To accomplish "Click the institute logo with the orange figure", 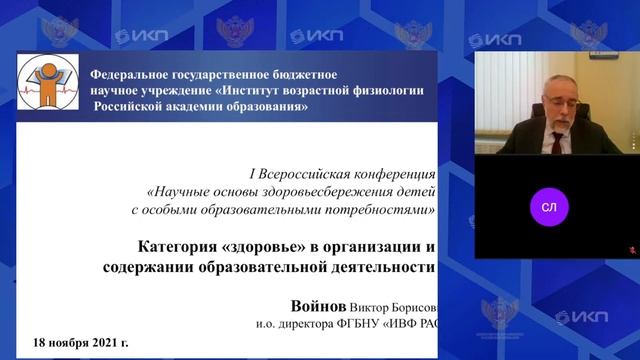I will (x=46, y=85).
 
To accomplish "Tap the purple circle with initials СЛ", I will (x=549, y=207).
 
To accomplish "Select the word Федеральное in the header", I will (x=132, y=74).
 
